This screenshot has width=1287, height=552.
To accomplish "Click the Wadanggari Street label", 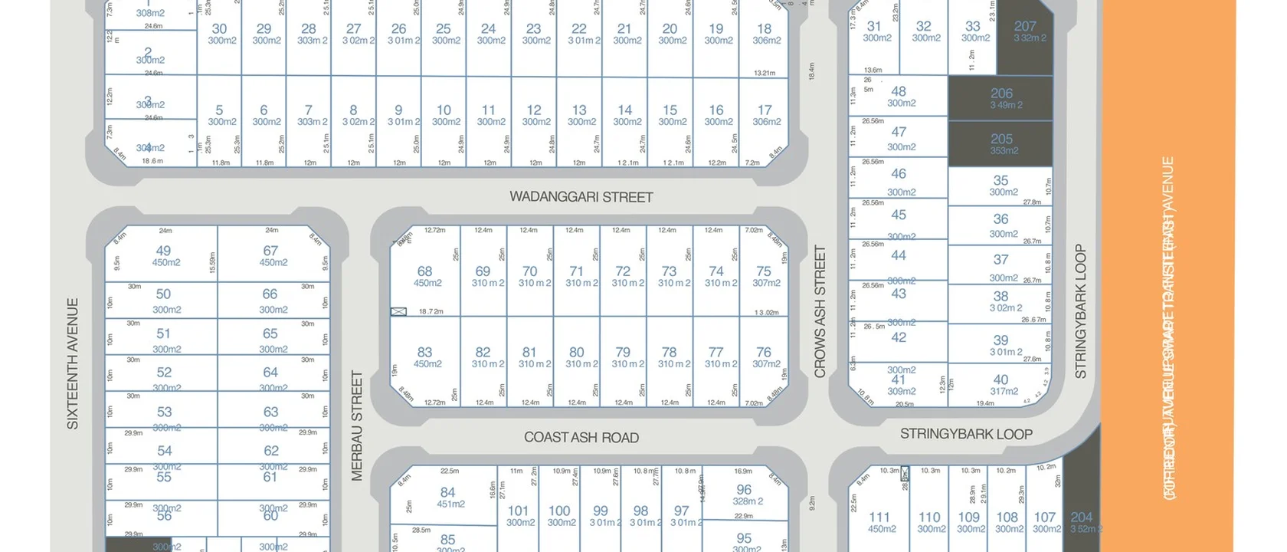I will [x=581, y=197].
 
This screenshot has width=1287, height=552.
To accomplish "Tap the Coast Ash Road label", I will [x=581, y=438].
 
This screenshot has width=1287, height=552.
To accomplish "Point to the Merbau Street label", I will [x=357, y=426].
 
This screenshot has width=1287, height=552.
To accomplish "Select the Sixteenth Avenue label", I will [x=73, y=363].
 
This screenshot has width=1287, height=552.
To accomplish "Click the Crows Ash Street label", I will [x=820, y=311].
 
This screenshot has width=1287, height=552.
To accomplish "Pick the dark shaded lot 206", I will [x=1000, y=97].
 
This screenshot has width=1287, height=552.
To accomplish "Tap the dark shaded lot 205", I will [x=1000, y=143].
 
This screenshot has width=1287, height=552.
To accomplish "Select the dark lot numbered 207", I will [x=1025, y=31].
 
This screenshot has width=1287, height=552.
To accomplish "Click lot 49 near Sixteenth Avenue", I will [x=164, y=255].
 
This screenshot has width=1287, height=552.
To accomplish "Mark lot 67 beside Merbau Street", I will [x=271, y=255].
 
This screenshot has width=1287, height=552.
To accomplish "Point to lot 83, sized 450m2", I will [x=425, y=356].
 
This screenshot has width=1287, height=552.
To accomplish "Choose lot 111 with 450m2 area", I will [x=880, y=521].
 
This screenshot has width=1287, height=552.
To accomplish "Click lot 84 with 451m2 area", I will [x=449, y=496].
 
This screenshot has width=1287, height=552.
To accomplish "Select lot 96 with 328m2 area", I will [x=745, y=494].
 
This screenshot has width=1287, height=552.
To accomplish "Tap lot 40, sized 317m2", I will [x=1001, y=383].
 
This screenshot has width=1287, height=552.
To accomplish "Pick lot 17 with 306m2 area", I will [x=765, y=114].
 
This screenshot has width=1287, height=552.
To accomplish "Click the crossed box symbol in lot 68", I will [x=398, y=311].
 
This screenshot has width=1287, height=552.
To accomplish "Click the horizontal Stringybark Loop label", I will [x=966, y=434].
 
